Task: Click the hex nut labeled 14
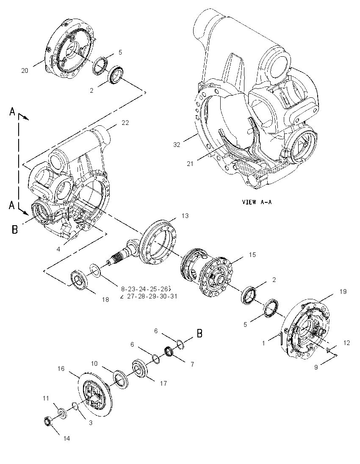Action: [47, 421]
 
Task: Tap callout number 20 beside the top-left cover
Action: [25, 70]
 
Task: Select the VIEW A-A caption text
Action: [257, 202]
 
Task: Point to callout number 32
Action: [177, 144]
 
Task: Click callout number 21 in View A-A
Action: [190, 163]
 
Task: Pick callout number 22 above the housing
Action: [125, 122]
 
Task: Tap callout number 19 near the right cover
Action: [343, 291]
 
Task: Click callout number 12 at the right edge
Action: [346, 342]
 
